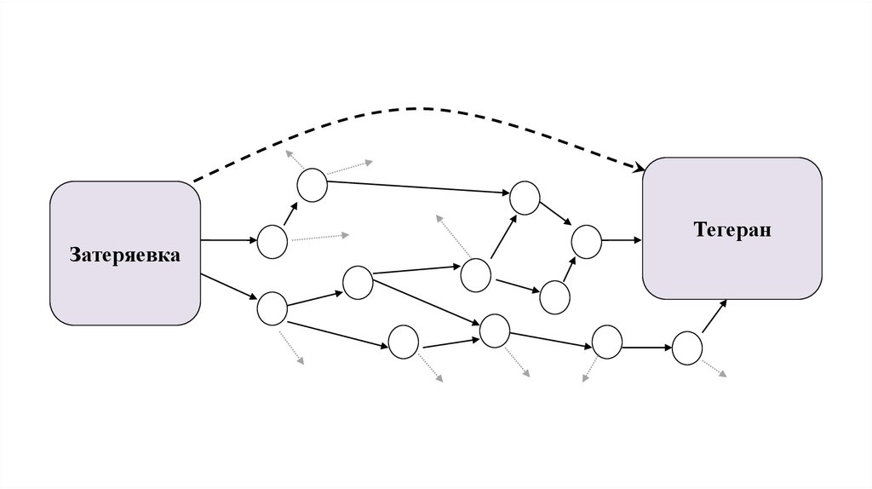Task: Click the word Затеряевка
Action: click(x=124, y=254)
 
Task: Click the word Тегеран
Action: click(x=732, y=229)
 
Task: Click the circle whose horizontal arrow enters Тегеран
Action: click(x=586, y=241)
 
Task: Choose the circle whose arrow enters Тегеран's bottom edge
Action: click(x=686, y=348)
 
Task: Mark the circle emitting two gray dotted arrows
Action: click(x=313, y=185)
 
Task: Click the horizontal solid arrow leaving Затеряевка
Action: click(x=229, y=241)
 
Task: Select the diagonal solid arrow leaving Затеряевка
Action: click(x=229, y=285)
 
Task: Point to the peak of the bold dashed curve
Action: click(x=417, y=108)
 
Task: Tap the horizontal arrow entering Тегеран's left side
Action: click(x=622, y=241)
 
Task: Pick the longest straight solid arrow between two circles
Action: click(x=419, y=187)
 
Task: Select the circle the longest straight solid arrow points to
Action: click(x=525, y=198)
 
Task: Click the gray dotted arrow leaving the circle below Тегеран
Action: click(x=714, y=368)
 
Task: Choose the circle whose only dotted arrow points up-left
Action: click(x=476, y=273)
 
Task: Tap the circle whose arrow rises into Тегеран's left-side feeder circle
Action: click(x=554, y=296)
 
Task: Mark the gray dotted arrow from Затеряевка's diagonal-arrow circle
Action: click(x=292, y=345)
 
